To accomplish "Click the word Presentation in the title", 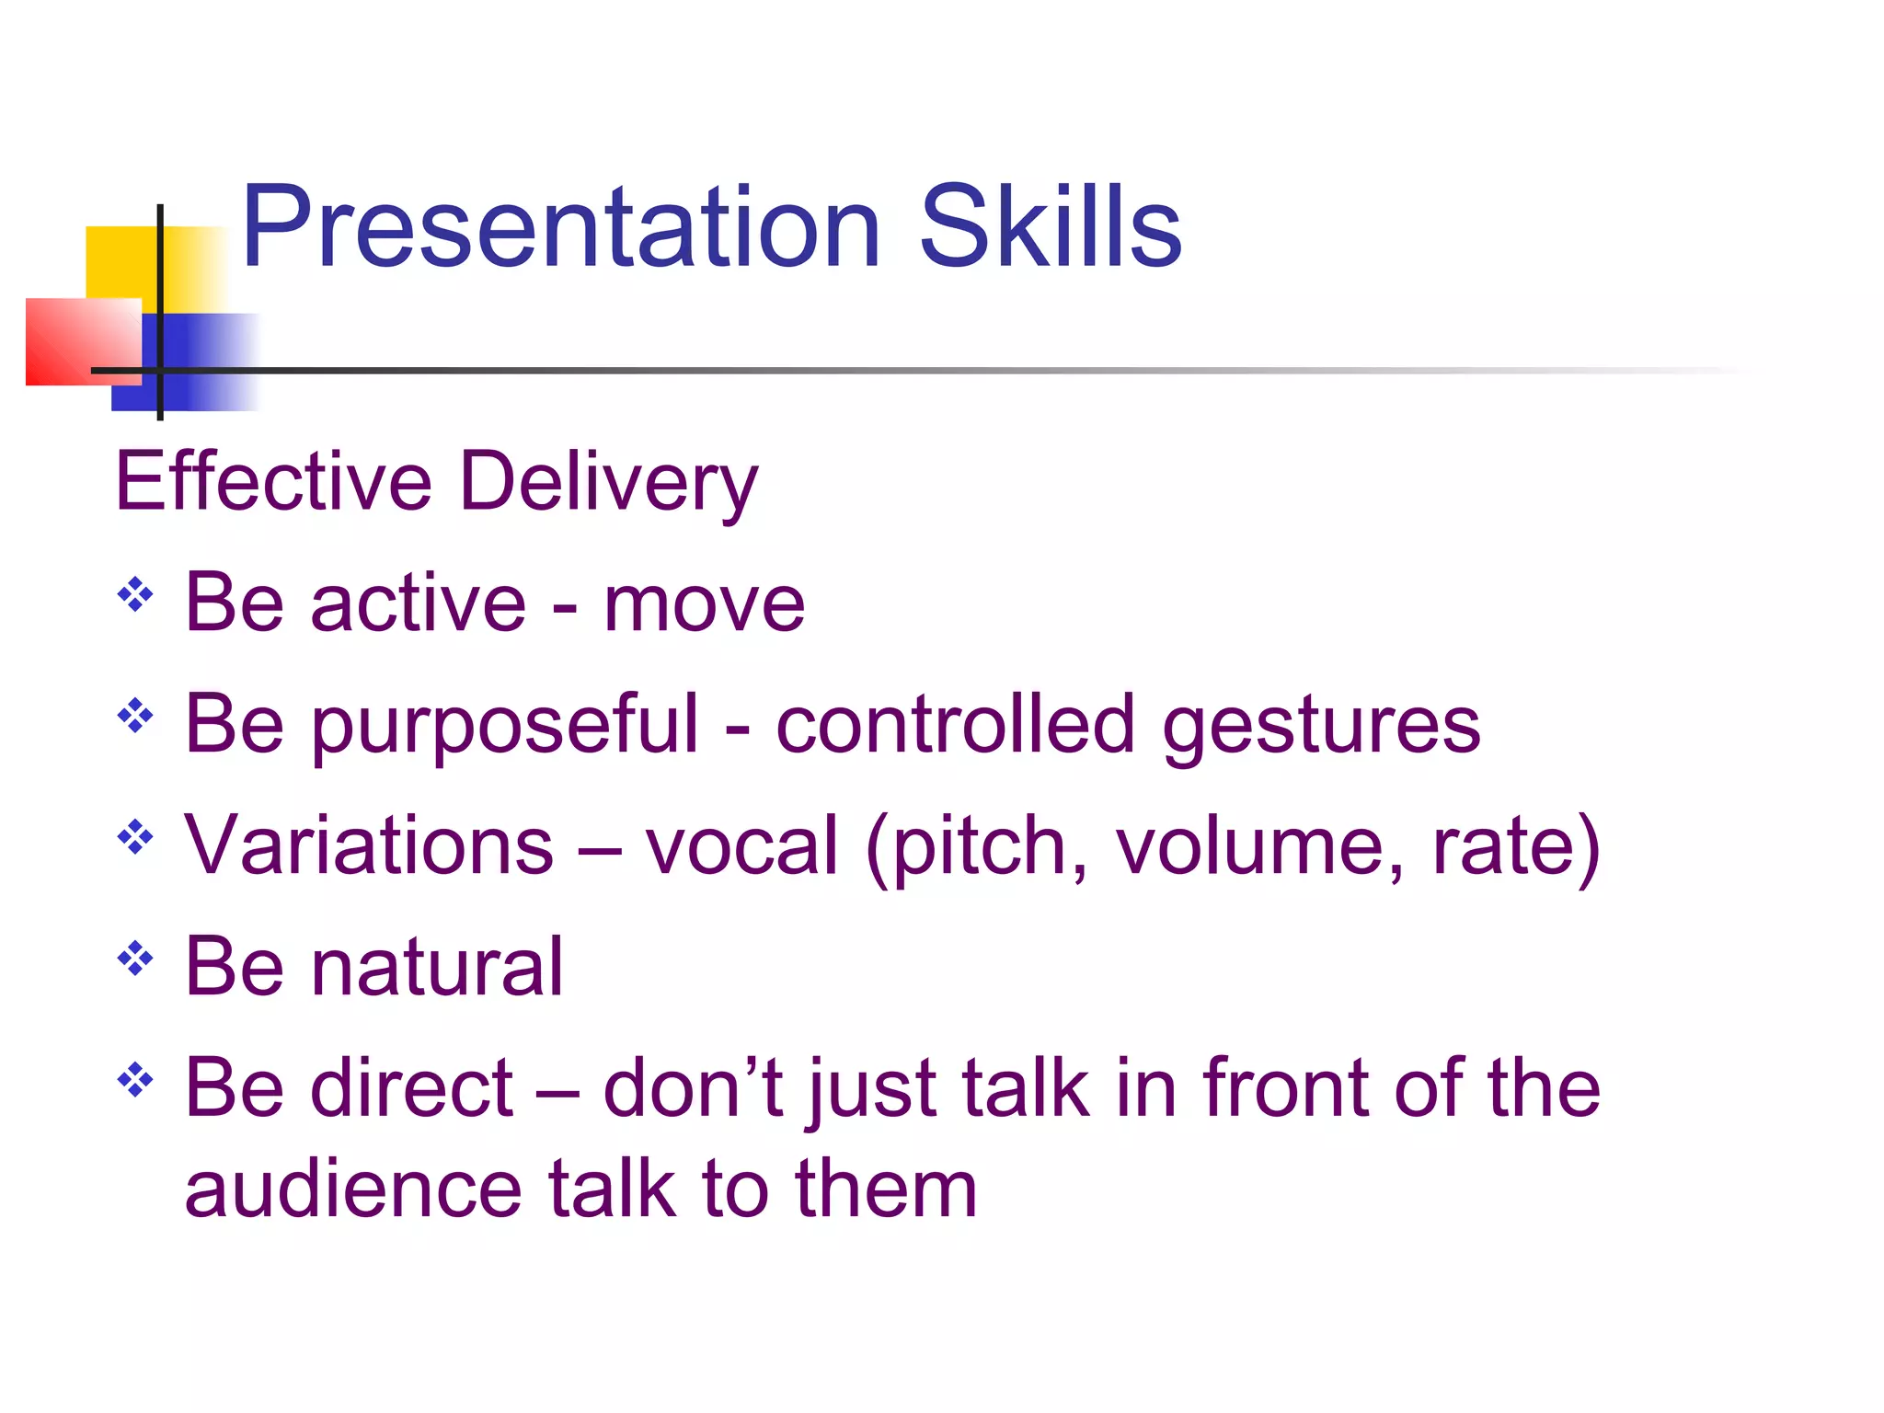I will point(561,227).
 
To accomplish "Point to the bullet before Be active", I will point(135,594).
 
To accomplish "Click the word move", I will point(704,604).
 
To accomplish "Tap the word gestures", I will point(1321,727).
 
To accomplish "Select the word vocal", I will point(741,846).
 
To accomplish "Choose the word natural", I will point(437,967).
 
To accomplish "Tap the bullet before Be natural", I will point(135,959).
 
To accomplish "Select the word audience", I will point(352,1189).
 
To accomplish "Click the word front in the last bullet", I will point(1285,1088).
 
